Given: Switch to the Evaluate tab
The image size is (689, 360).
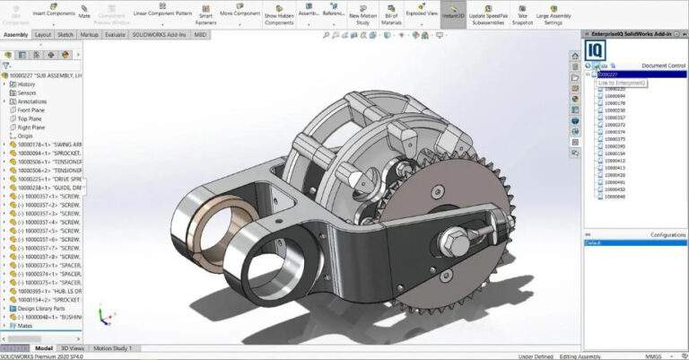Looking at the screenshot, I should pos(115,35).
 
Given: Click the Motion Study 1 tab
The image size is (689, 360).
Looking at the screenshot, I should pos(113,347).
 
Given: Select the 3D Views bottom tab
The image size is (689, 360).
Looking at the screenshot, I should pos(73,347).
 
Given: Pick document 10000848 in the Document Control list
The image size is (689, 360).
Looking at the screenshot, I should pos(615,197).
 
